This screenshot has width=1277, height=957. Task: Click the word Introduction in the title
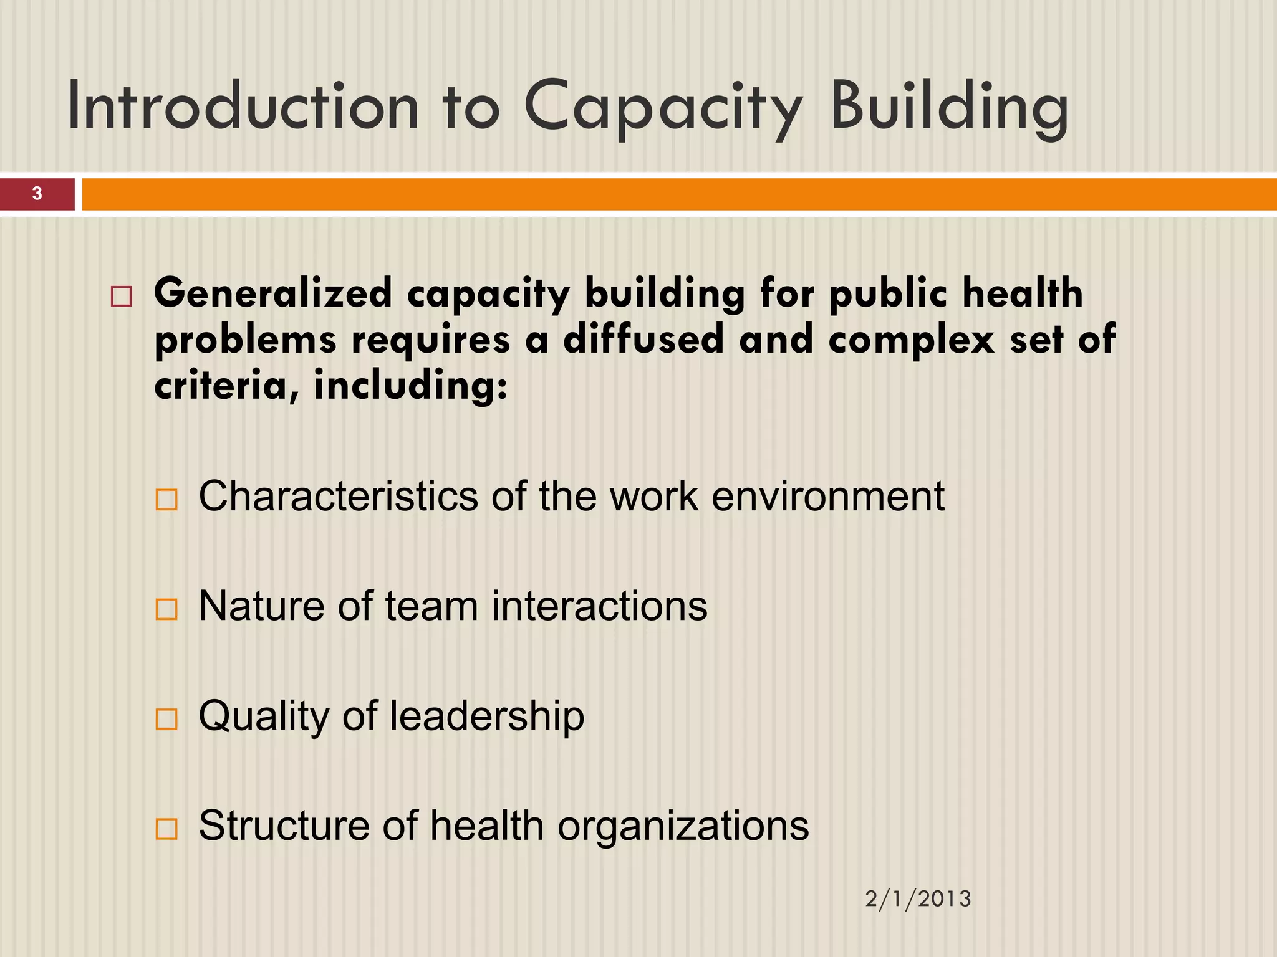(x=243, y=107)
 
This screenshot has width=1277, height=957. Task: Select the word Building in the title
(x=949, y=107)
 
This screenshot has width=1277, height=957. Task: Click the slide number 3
(x=37, y=194)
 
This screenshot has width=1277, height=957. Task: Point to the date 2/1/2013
(x=918, y=899)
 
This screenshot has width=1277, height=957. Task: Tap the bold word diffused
(x=643, y=340)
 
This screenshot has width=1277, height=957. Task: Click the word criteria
(x=221, y=386)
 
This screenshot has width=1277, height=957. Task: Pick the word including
(x=410, y=386)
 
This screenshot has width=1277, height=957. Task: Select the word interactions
(x=599, y=606)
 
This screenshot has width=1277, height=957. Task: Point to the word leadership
(x=487, y=717)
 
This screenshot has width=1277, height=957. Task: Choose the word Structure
(x=284, y=826)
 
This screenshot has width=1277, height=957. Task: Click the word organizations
(x=683, y=826)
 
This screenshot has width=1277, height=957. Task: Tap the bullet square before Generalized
(x=121, y=296)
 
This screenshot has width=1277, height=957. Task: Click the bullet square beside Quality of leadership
(x=166, y=720)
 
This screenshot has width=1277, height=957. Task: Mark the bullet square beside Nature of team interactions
(x=166, y=609)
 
